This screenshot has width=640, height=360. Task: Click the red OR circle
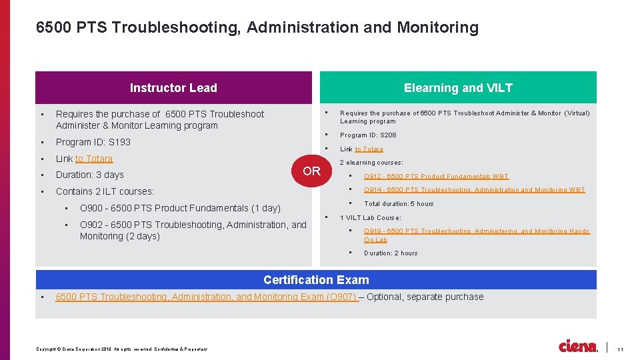tap(311, 171)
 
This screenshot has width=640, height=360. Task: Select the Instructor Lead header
tap(173, 87)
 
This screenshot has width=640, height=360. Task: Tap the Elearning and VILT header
tap(458, 87)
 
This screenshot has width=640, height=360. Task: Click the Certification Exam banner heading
tap(316, 280)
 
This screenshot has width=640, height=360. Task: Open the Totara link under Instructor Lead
tap(94, 159)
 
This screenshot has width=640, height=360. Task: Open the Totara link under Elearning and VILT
tap(369, 149)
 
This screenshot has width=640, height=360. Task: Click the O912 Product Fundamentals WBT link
tap(436, 177)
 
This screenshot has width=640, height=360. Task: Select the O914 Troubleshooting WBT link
tap(474, 190)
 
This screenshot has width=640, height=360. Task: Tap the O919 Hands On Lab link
tap(477, 235)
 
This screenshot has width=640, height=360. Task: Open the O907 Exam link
tap(207, 297)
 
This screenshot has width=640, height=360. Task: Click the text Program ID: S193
tap(93, 142)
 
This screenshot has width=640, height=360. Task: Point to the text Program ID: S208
tap(368, 135)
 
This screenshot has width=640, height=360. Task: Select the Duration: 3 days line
tap(90, 175)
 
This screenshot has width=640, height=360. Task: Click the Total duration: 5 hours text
tap(399, 204)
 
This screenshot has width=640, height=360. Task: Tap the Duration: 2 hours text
tap(391, 253)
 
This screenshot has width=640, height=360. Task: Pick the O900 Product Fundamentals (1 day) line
tap(180, 208)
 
